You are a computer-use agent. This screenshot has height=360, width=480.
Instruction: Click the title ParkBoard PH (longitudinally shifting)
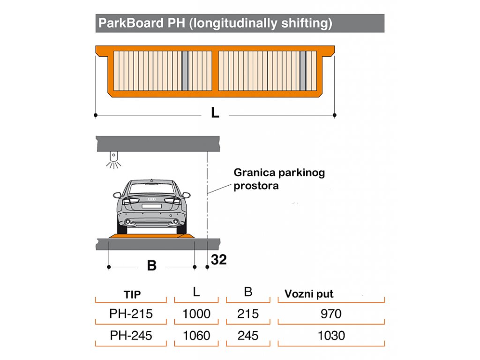(215, 23)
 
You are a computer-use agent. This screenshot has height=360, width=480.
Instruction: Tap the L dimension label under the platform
(215, 112)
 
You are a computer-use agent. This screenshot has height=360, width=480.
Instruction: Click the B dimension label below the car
(151, 265)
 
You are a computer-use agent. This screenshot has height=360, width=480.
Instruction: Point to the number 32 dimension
(219, 260)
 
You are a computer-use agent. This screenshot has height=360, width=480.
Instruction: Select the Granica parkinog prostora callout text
(279, 179)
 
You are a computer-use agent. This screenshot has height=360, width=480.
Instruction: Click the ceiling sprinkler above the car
(113, 160)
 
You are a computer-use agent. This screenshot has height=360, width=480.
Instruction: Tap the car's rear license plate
(151, 206)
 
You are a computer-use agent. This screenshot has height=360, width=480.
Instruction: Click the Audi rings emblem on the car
(152, 199)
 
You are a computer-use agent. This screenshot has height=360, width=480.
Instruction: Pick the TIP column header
(132, 294)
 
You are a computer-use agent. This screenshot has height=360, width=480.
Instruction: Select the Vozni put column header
(309, 294)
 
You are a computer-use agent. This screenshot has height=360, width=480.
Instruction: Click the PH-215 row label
(131, 314)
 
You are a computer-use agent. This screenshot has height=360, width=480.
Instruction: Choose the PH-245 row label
(131, 336)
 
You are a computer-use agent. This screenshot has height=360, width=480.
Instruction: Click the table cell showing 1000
(196, 314)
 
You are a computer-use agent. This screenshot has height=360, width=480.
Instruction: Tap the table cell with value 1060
(196, 336)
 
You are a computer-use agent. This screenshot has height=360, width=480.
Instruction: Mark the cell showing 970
(331, 314)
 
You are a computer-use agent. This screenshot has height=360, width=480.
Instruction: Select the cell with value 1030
(331, 336)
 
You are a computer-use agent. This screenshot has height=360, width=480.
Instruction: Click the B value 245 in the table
(248, 336)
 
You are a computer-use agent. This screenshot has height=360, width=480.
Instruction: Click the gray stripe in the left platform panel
(185, 71)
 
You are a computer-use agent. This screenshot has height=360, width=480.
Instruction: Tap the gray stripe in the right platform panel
(303, 71)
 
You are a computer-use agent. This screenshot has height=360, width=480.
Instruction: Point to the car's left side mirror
(117, 195)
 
